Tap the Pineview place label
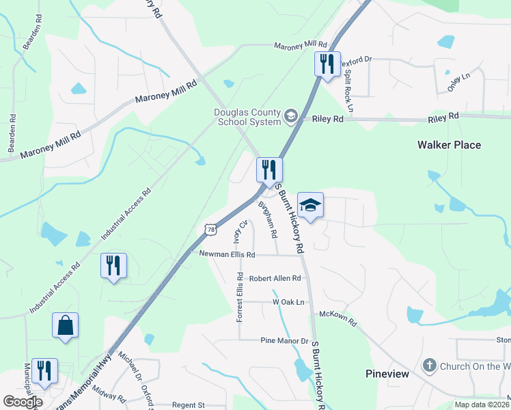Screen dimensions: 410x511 tap(387, 374)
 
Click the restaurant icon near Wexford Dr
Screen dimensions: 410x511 tap(327, 64)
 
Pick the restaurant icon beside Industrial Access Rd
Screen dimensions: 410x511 tap(113, 266)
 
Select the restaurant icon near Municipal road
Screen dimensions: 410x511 tap(44, 370)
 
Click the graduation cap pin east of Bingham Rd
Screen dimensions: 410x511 tap(310, 206)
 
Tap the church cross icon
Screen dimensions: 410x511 tap(429, 366)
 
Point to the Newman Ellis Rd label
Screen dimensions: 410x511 tap(227, 254)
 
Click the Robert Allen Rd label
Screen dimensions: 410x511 tap(275, 278)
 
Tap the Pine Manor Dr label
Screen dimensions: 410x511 tap(285, 340)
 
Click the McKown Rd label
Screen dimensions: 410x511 tap(338, 318)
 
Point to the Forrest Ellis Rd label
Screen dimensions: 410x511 tap(240, 297)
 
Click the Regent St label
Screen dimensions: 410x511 tap(189, 405)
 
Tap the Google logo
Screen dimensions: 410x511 tap(23, 402)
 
